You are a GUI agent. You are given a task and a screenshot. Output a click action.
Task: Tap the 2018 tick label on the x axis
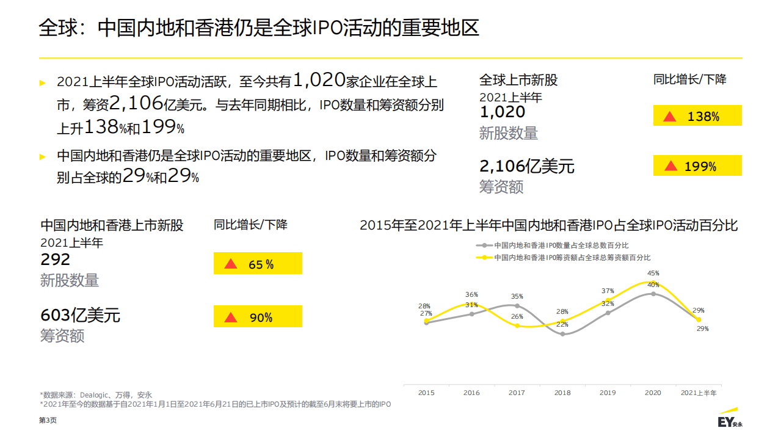click(x=562, y=393)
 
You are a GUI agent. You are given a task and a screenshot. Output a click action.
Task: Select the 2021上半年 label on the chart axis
click(x=699, y=393)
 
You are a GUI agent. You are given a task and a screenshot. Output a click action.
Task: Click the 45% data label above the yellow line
click(x=653, y=274)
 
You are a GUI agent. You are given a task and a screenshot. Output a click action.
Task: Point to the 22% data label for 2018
click(x=562, y=324)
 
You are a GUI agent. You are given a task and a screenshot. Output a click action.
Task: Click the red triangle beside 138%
click(x=670, y=116)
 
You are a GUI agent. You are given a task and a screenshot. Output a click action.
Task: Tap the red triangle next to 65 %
click(x=230, y=264)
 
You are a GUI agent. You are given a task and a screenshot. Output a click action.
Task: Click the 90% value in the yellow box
click(x=261, y=317)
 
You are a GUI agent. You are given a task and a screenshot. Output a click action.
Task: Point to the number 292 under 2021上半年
click(x=56, y=259)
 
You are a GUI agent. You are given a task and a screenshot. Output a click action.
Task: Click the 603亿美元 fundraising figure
click(x=80, y=315)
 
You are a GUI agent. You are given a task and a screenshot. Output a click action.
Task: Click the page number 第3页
click(x=48, y=421)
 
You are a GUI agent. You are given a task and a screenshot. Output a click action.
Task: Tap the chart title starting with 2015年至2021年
click(x=548, y=225)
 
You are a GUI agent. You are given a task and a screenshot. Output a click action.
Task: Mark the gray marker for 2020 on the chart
click(x=653, y=294)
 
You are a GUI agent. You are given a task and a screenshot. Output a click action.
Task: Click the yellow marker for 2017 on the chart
click(x=517, y=325)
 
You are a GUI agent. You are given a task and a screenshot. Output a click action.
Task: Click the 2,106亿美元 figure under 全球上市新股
click(x=526, y=165)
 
